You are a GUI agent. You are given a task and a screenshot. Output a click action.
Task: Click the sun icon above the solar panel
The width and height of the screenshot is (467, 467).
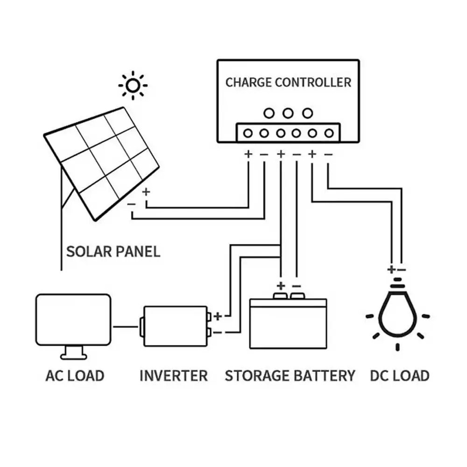tap(133, 85)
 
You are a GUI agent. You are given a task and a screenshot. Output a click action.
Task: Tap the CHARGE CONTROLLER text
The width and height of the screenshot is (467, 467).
tap(288, 83)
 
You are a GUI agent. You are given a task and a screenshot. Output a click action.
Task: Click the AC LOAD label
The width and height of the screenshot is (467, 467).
tap(75, 375)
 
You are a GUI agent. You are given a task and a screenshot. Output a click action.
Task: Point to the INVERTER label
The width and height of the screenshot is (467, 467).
tap(173, 375)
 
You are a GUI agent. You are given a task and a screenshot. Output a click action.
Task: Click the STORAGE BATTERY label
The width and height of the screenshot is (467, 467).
tap(290, 375)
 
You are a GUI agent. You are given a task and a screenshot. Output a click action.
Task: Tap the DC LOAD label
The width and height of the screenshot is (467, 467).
tap(399, 375)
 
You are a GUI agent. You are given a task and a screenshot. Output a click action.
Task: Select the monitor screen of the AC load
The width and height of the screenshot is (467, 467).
tap(73, 319)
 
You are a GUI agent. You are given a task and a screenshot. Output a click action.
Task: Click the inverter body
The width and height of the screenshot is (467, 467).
tap(175, 326)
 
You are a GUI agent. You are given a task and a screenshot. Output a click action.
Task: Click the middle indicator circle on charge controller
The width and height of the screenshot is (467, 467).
tap(288, 113)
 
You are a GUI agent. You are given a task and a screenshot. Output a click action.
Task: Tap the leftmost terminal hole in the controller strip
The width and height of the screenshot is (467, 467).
tap(248, 133)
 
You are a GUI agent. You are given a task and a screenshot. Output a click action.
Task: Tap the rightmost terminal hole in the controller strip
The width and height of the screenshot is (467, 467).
tap(329, 133)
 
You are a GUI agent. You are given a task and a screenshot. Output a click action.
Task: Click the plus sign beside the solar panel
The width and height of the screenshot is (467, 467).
tap(146, 191)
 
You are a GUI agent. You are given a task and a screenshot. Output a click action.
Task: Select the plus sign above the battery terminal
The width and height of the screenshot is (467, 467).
tap(281, 285)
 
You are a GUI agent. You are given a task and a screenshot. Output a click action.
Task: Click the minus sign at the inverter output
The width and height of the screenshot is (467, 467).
tap(217, 333)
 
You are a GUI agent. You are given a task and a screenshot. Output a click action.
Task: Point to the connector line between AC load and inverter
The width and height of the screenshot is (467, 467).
tap(126, 326)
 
